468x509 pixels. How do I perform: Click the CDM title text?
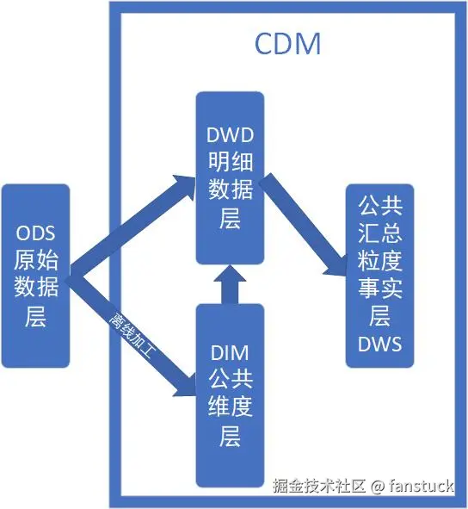[287, 43]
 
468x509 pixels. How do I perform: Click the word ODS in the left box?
[35, 233]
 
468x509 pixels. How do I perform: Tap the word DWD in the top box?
[229, 134]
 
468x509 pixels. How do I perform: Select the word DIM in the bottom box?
[229, 351]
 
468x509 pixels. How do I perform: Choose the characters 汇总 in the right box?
[379, 233]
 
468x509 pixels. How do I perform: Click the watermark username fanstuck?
[421, 486]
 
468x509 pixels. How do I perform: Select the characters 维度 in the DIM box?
[229, 407]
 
